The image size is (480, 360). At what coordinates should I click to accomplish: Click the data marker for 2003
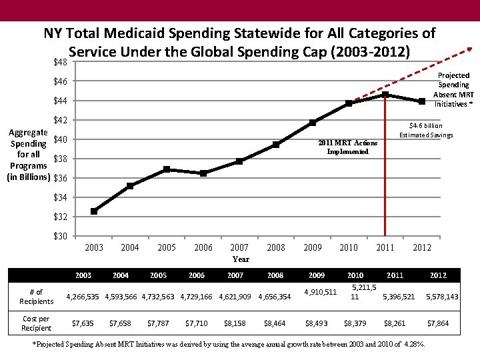tap(94, 211)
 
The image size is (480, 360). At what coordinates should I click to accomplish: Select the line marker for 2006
tap(203, 173)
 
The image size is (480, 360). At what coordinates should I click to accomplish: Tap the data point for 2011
tap(385, 95)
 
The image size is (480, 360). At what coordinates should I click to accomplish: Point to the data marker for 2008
tap(276, 145)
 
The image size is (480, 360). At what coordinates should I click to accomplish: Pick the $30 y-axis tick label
tap(61, 236)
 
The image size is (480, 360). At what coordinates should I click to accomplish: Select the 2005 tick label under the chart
tap(167, 247)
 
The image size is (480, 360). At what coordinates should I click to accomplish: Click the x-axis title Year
tap(241, 259)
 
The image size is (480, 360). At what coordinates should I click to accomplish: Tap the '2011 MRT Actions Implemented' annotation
tap(347, 147)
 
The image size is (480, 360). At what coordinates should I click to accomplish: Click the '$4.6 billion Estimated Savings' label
tap(426, 131)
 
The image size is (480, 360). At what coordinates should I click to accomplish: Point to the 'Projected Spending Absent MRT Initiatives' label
tap(453, 90)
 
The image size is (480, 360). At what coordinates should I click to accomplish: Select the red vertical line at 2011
tap(385, 167)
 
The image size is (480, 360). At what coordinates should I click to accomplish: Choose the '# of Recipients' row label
tap(37, 297)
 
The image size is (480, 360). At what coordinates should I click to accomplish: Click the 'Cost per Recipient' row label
tap(37, 323)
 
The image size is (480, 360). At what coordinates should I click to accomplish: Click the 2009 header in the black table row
tap(316, 275)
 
